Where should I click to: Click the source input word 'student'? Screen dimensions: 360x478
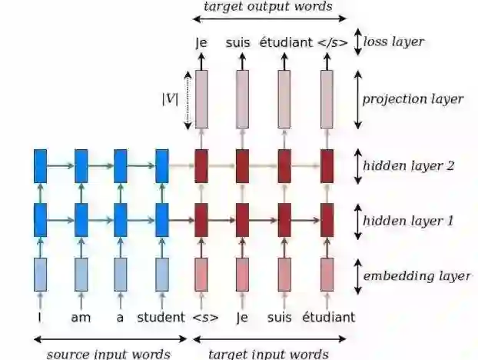click(x=161, y=317)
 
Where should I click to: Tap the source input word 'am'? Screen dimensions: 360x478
click(x=81, y=317)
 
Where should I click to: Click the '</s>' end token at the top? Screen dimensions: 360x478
click(x=332, y=43)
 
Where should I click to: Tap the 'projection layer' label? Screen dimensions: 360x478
click(x=413, y=99)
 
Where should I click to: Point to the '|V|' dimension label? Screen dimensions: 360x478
click(x=171, y=99)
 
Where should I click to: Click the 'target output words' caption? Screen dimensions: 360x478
click(x=267, y=7)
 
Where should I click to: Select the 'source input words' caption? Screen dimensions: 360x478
click(x=108, y=353)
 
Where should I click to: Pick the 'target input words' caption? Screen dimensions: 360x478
click(x=269, y=353)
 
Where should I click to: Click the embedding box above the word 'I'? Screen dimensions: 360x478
click(x=41, y=275)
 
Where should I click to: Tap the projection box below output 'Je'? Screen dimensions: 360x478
click(x=201, y=99)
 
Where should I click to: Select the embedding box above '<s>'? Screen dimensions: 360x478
click(x=201, y=275)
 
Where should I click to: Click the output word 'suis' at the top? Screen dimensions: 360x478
click(x=238, y=43)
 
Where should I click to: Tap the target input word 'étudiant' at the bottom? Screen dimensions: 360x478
click(x=328, y=317)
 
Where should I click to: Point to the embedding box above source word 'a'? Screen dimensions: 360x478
click(x=121, y=275)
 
